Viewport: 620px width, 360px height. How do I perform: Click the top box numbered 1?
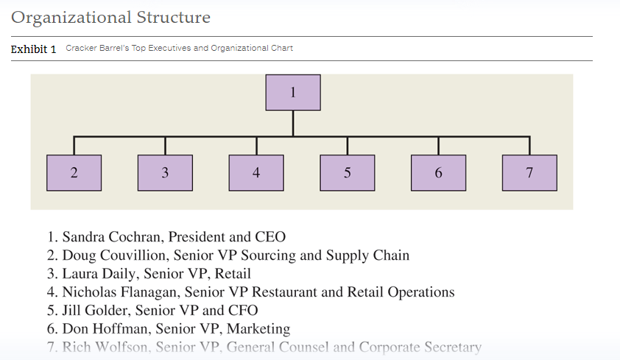(x=293, y=93)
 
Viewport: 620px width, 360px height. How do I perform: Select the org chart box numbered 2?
(x=74, y=173)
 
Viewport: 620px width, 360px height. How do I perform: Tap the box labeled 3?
(x=165, y=173)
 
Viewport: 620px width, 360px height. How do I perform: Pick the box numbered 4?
(x=256, y=173)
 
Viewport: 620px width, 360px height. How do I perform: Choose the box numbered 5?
(x=348, y=173)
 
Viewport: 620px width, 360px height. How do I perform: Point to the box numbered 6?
(x=439, y=173)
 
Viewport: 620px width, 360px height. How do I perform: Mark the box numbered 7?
(x=530, y=173)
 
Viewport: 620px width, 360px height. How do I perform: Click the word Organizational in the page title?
(x=71, y=18)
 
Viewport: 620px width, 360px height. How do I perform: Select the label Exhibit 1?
(x=34, y=49)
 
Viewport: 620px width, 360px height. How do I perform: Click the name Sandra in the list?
(x=83, y=237)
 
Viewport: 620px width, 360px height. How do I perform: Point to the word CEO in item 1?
(x=270, y=237)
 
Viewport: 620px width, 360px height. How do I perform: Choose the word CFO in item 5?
(x=243, y=310)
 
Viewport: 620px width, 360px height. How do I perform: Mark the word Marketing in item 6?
(x=258, y=329)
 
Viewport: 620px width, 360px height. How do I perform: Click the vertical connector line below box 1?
(x=293, y=124)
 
